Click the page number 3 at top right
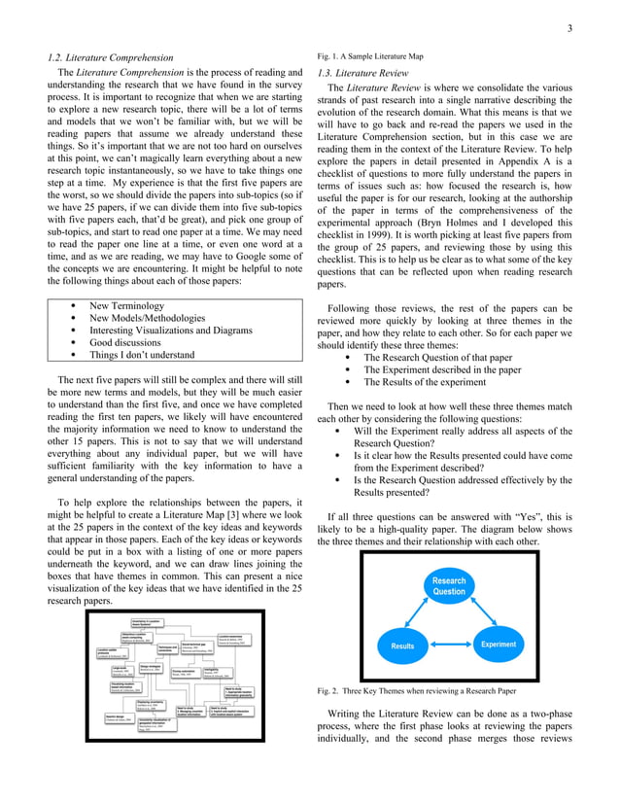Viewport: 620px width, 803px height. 572,28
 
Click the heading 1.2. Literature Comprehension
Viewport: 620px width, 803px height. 112,57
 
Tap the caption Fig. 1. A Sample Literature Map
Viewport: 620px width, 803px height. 370,56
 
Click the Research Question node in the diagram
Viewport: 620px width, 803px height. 448,586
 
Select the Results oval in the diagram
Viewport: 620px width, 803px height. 401,646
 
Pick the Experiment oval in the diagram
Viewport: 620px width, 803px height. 498,645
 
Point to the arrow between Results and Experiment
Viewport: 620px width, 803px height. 450,646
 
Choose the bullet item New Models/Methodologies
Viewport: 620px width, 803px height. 147,318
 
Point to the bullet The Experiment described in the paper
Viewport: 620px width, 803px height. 442,369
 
